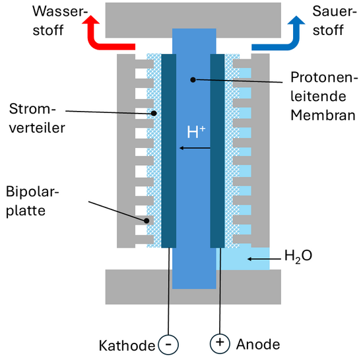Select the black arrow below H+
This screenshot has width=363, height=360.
pyautogui.click(x=195, y=148)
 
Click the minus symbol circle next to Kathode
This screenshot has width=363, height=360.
pyautogui.click(x=169, y=344)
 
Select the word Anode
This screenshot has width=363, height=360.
pyautogui.click(x=257, y=344)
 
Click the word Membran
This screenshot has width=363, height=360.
pyautogui.click(x=319, y=116)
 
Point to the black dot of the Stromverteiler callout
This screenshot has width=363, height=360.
pyautogui.click(x=154, y=112)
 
